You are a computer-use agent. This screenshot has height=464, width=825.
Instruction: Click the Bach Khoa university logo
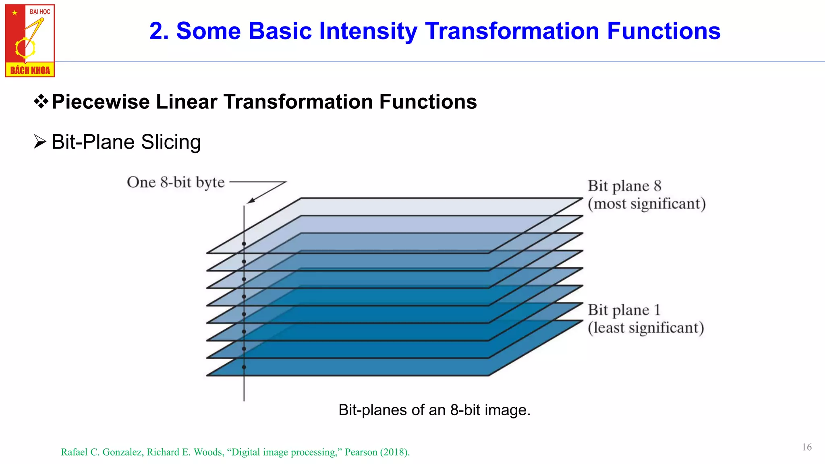[30, 40]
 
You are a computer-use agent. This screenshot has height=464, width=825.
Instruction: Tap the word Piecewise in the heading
[100, 101]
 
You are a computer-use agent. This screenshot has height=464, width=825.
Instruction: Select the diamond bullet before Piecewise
[41, 101]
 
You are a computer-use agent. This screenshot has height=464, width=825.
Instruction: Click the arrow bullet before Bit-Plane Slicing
[40, 142]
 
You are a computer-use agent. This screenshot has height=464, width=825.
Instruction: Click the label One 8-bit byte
[176, 182]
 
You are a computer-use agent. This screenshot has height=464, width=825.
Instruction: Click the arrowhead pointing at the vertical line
[250, 201]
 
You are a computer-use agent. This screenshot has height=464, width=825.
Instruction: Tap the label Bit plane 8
[624, 186]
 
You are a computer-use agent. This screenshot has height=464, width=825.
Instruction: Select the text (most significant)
[647, 204]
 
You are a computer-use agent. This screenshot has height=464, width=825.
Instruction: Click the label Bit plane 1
[624, 310]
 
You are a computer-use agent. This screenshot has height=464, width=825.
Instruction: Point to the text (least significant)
[646, 328]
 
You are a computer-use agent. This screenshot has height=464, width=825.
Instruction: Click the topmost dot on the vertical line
[244, 244]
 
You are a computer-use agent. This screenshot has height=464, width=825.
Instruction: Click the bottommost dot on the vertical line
[244, 367]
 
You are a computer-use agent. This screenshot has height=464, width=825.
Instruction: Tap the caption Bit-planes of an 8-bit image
[434, 410]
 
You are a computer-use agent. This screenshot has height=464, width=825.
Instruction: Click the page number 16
[806, 447]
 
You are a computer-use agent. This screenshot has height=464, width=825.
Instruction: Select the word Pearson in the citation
[361, 452]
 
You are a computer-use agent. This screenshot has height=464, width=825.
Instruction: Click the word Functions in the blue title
[663, 31]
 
